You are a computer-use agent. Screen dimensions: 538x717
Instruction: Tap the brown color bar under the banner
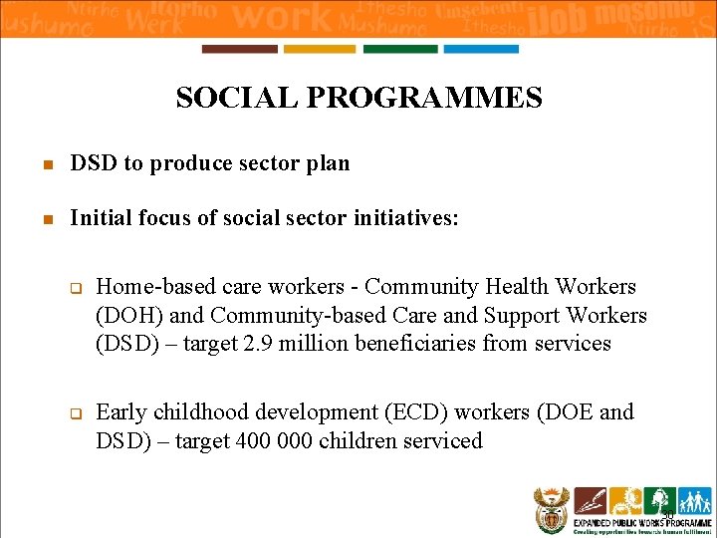coord(239,49)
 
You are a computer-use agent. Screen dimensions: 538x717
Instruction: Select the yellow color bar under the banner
coord(319,49)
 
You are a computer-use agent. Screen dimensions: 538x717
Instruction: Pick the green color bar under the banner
coord(399,49)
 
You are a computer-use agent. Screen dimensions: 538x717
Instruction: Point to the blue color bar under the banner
coord(480,49)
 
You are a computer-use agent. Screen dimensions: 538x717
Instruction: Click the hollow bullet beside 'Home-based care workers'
coord(74,289)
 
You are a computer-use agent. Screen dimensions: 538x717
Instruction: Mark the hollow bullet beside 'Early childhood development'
coord(74,413)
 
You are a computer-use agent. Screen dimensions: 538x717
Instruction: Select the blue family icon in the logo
coord(693,500)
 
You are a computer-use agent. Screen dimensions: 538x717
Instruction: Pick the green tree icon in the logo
coord(659,500)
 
